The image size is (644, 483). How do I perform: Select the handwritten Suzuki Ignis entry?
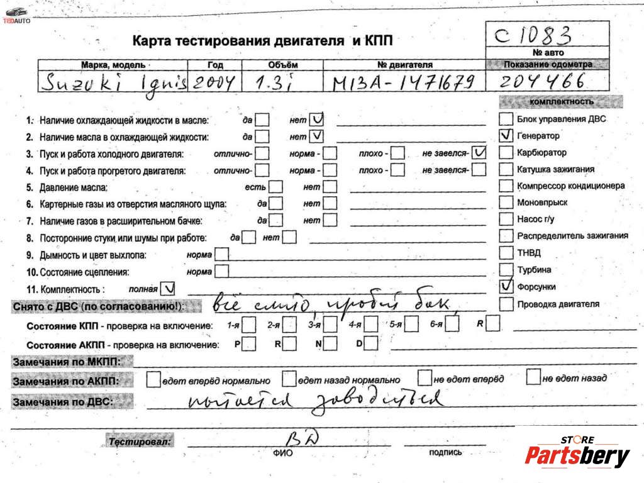point(113,82)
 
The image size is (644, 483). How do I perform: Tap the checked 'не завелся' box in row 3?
point(479,153)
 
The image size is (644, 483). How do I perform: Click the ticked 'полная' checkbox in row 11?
point(169,288)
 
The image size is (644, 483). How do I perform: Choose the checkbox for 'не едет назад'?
point(533,378)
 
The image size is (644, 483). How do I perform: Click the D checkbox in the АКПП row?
point(371,343)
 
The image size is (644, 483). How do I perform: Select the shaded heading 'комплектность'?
point(561,102)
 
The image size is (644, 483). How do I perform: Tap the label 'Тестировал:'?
point(139,441)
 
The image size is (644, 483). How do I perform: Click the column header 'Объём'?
point(282,65)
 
